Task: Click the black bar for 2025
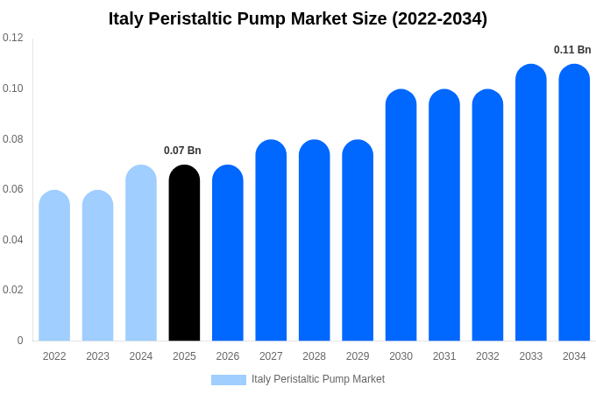[x=184, y=254]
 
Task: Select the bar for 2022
[x=54, y=266]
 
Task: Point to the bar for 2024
[x=141, y=254]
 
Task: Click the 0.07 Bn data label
[x=182, y=151]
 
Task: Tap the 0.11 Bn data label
[x=572, y=50]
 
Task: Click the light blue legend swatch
[x=228, y=379]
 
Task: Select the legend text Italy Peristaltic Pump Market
[x=318, y=379]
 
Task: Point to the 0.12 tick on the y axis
[x=13, y=38]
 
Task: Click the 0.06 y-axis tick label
[x=13, y=189]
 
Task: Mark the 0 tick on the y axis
[x=20, y=341]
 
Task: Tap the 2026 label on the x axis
[x=228, y=356]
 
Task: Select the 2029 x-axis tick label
[x=358, y=356]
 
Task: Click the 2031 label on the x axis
[x=444, y=356]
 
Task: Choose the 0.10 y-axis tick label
[x=13, y=88]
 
